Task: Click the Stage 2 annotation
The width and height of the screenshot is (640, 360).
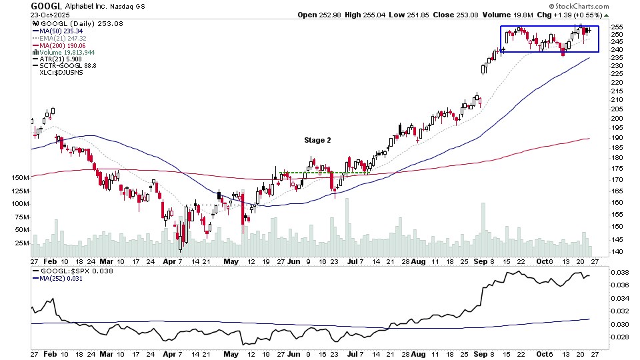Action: tap(317, 140)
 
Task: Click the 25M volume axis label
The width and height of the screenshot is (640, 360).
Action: tap(21, 243)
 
